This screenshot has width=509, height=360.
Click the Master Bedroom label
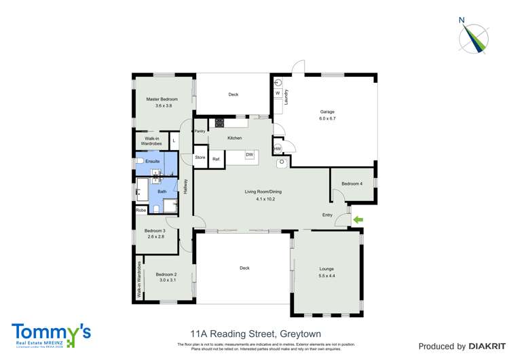coord(162,99)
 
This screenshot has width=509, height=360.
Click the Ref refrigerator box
coord(216,159)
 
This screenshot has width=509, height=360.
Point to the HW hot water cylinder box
coord(278,148)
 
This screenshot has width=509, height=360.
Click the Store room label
coord(200,158)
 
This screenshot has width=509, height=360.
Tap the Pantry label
coord(200,131)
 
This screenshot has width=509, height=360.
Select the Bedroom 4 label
coord(352,184)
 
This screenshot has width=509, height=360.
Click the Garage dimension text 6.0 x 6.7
coord(328,119)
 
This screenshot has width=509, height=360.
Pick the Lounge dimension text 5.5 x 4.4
coord(326,276)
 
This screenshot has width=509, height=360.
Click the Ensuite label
coord(153,161)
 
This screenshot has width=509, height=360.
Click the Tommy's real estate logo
coord(51,334)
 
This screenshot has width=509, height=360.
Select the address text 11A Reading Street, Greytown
coord(254,334)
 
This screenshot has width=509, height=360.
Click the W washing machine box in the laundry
coord(278,93)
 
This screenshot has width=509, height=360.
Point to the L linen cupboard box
coord(174,141)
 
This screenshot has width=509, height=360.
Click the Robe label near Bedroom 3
coord(141,211)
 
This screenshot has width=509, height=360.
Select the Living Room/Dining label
coord(263,192)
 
